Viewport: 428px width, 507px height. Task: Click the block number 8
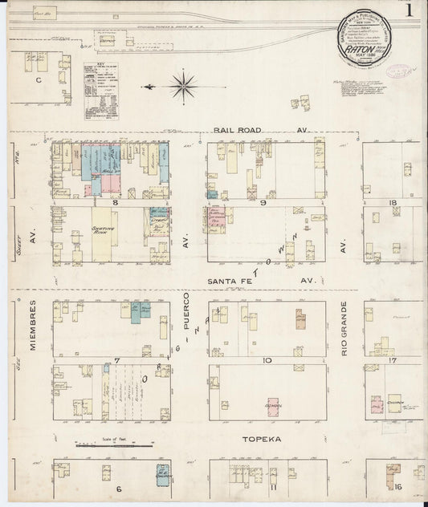tap(116, 203)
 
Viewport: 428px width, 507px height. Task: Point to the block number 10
tap(266, 361)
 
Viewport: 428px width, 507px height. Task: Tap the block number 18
tap(393, 203)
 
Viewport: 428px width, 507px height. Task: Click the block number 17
tap(393, 360)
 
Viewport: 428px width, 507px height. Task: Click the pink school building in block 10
tap(273, 406)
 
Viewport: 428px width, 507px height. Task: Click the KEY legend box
tap(100, 91)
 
